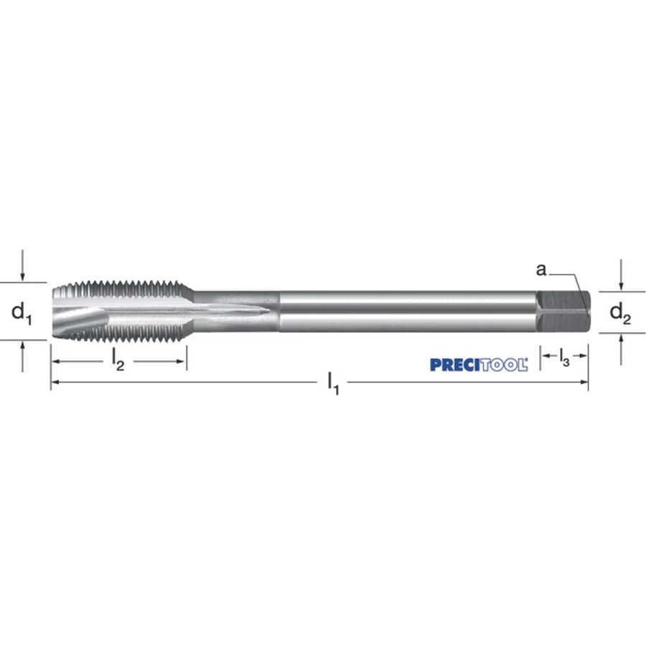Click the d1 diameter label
point(22,313)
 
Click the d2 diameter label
point(620,314)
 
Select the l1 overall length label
point(333,383)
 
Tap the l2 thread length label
point(118,360)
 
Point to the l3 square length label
point(564,357)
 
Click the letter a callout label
point(541,270)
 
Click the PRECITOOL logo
point(479,365)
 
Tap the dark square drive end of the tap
point(563,312)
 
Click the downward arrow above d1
point(23,266)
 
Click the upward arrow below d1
point(23,357)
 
